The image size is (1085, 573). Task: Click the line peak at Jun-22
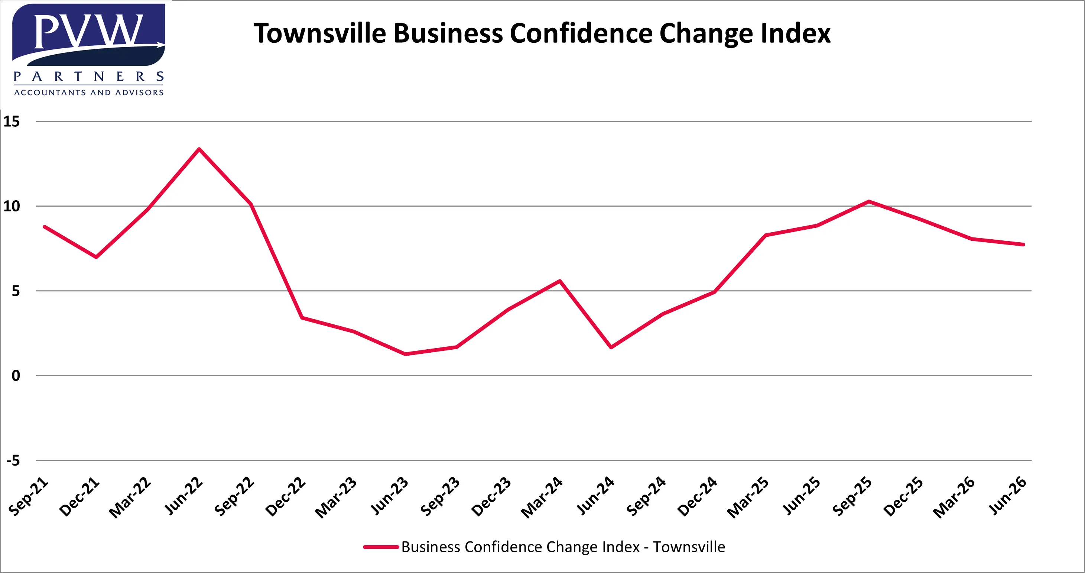click(199, 149)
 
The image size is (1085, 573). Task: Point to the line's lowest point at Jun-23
click(405, 354)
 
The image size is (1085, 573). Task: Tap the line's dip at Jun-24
click(611, 347)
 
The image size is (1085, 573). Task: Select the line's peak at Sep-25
click(868, 201)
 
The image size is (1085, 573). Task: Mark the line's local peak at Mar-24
click(560, 281)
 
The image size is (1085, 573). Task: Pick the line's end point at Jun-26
click(1023, 245)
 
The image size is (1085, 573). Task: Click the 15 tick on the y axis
click(12, 122)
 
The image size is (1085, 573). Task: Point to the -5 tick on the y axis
click(13, 460)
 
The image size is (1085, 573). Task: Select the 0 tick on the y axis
click(16, 375)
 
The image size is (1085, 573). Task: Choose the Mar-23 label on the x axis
click(336, 497)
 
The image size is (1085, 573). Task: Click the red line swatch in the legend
click(381, 547)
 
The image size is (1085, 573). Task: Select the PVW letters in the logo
click(88, 32)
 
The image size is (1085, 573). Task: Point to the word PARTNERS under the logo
click(88, 77)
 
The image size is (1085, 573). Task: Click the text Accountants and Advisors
click(88, 92)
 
